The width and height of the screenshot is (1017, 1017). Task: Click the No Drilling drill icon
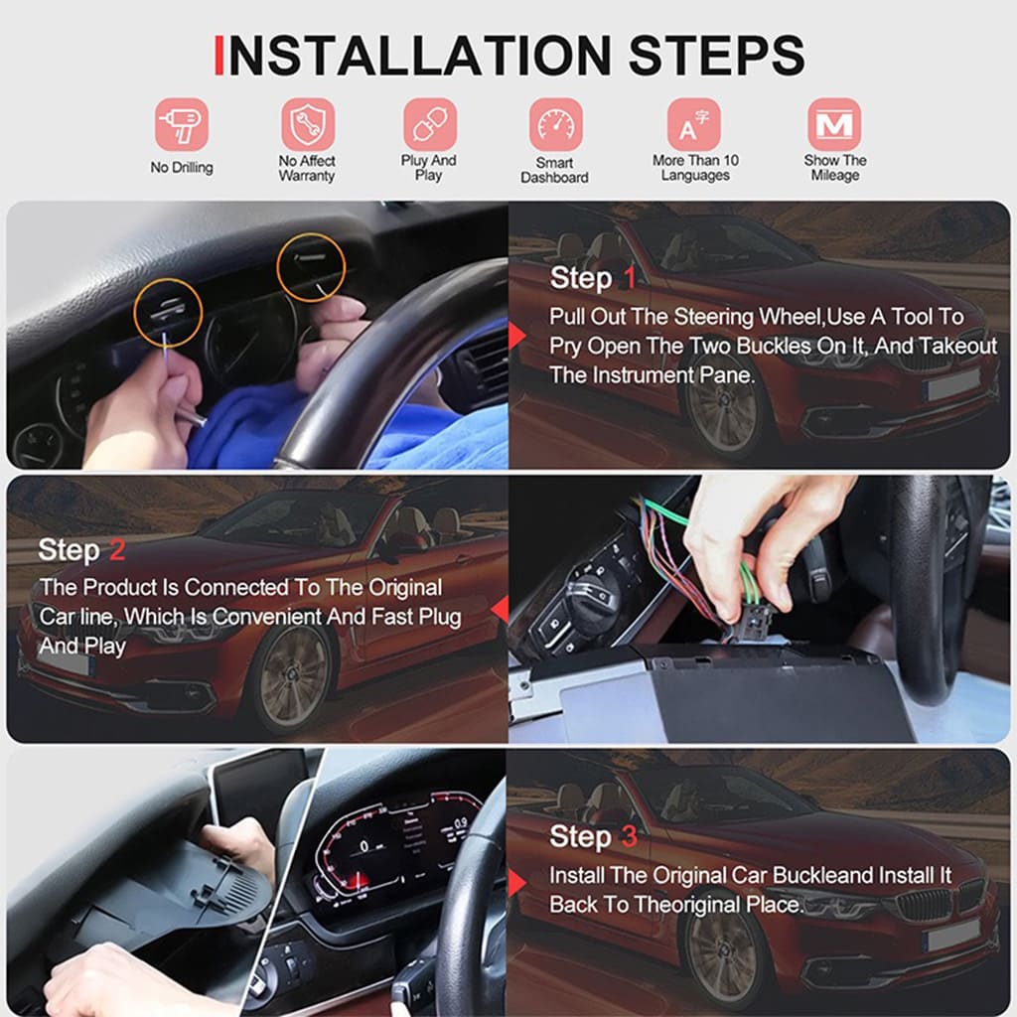click(x=181, y=124)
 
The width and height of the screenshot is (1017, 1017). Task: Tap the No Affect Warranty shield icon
click(x=307, y=124)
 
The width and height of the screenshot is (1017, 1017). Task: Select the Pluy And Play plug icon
click(x=429, y=124)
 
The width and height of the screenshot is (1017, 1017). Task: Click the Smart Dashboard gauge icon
click(x=555, y=124)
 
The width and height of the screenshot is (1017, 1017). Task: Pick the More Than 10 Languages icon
click(x=694, y=124)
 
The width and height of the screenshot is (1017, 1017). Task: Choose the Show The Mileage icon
click(x=834, y=124)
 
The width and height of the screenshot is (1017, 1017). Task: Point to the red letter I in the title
click(x=218, y=55)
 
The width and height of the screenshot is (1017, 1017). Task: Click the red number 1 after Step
click(x=627, y=278)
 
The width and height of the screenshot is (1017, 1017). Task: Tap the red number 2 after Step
click(x=116, y=550)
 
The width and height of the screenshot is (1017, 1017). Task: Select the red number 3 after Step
click(x=628, y=837)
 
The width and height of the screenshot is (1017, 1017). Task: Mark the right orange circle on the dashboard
click(x=311, y=265)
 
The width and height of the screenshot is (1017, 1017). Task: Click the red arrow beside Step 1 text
click(x=516, y=337)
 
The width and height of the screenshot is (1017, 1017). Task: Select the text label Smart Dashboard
click(x=554, y=170)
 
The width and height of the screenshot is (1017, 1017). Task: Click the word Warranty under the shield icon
click(x=307, y=176)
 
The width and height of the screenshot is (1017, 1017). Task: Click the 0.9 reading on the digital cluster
click(x=460, y=824)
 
